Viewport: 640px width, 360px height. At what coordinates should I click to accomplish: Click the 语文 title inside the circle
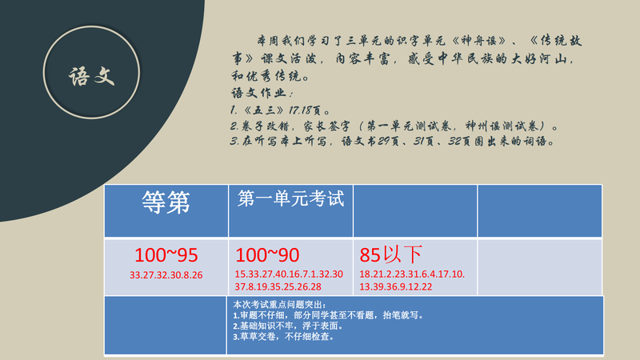coord(91,76)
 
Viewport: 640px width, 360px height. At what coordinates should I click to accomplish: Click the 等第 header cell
coord(166,210)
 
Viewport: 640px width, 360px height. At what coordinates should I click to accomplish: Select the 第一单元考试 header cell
coord(290,210)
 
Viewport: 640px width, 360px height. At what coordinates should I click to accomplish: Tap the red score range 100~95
coord(166,255)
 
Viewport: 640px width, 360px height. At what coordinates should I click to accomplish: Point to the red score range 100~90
coord(267,255)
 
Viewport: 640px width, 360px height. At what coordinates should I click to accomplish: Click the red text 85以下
coord(390,254)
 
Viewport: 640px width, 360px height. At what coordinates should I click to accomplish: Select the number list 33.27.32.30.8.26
coord(166,275)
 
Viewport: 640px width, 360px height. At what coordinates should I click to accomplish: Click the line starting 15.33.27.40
coord(289,274)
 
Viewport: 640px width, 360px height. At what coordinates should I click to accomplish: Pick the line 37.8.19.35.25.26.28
coord(278,286)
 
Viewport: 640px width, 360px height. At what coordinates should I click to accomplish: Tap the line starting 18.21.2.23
coord(412,274)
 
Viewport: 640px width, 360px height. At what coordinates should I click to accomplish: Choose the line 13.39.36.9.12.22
coord(395,286)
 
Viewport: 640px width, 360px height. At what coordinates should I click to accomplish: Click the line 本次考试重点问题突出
coord(279,305)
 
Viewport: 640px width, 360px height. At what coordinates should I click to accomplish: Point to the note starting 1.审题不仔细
coord(329,315)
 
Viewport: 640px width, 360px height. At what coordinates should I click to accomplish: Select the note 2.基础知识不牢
coord(288,326)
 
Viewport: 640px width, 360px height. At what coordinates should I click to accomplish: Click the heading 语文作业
coord(262,93)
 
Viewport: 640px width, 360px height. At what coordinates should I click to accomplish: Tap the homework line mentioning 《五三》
coord(280,110)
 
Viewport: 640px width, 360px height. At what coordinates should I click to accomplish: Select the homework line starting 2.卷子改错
coord(394,126)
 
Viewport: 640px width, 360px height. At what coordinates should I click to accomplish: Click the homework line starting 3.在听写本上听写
coord(392,142)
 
